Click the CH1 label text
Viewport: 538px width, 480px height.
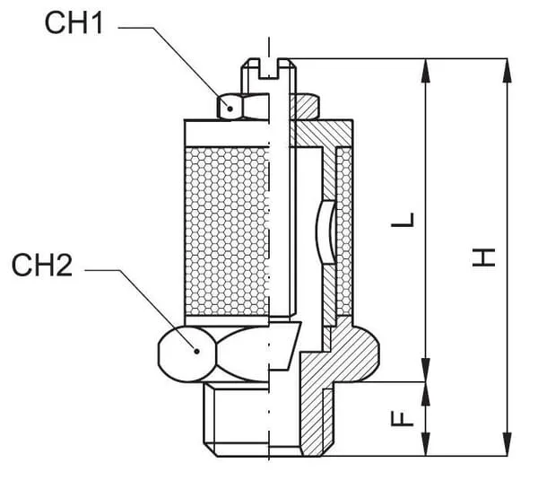(x=74, y=24)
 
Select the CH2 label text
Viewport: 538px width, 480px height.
(x=42, y=266)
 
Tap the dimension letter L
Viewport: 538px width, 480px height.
(x=406, y=221)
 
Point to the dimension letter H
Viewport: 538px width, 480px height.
(x=485, y=257)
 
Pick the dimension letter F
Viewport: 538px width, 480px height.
(x=405, y=418)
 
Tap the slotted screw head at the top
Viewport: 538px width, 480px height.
(x=269, y=68)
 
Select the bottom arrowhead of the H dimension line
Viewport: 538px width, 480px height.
(x=506, y=449)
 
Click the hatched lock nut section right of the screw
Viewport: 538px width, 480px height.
(x=306, y=105)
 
